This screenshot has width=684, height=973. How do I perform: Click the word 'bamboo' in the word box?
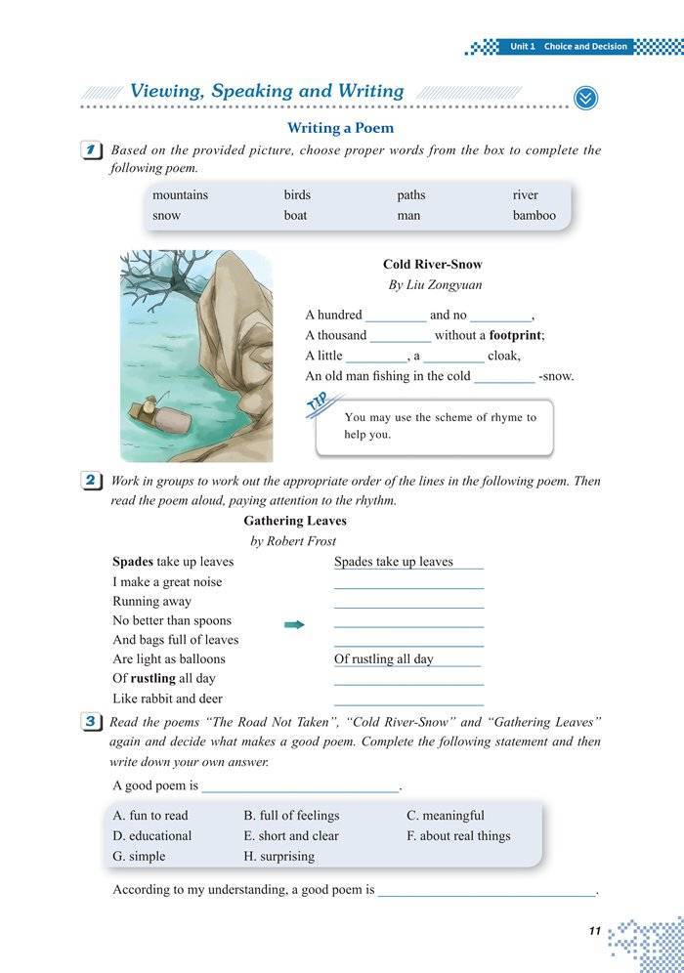[x=534, y=215]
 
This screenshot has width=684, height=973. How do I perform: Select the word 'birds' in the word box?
[x=297, y=194]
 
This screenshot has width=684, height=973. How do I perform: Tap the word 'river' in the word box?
[x=525, y=194]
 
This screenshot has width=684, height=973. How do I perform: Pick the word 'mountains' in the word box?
[x=180, y=194]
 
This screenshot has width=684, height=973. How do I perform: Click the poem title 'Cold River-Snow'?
[x=432, y=265]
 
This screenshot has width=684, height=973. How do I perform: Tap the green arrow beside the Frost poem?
[x=294, y=624]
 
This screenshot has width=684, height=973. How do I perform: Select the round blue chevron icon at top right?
[x=585, y=98]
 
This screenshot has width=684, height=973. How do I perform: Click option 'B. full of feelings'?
[x=291, y=816]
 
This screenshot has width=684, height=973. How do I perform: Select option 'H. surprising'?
[x=278, y=856]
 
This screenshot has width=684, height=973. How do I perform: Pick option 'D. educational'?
[x=152, y=836]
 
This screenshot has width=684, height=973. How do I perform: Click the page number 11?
[x=594, y=931]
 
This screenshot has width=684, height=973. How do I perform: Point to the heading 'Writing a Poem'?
[x=340, y=128]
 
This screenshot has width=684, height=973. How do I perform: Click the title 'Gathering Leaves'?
[x=295, y=521]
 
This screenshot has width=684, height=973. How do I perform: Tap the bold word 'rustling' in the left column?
[x=153, y=678]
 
